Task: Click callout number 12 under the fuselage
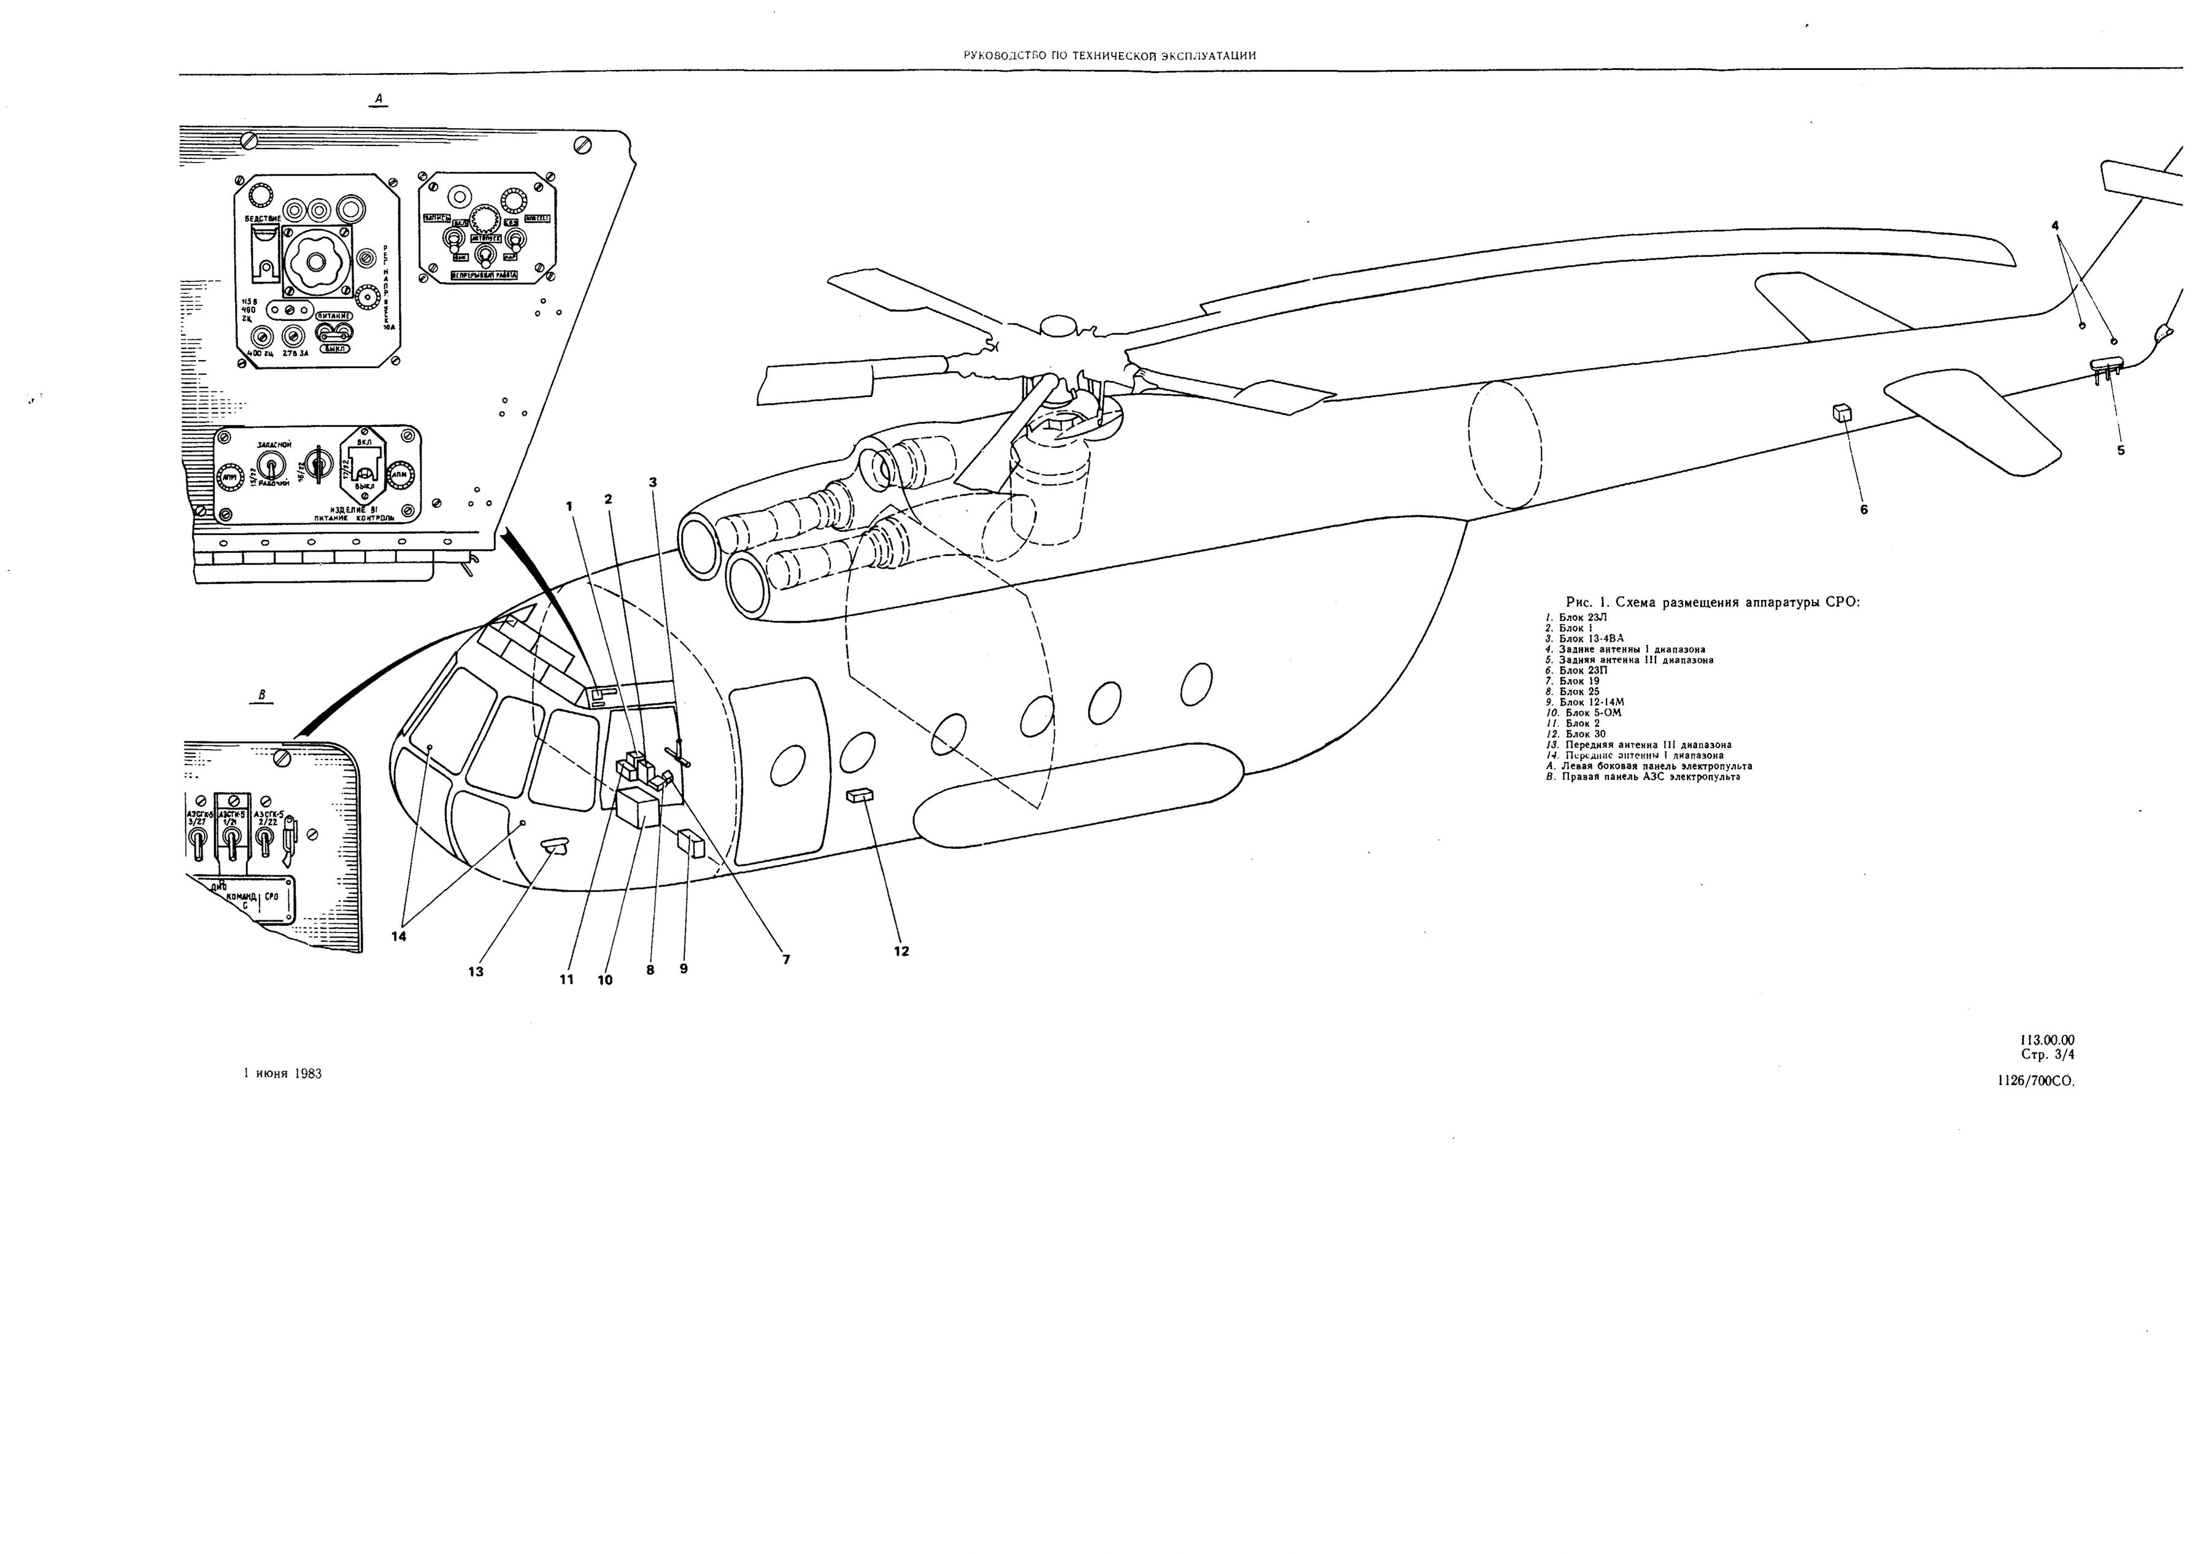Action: click(901, 952)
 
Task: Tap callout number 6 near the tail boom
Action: click(1864, 509)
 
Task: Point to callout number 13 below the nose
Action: click(476, 972)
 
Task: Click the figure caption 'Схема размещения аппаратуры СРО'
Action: click(1713, 602)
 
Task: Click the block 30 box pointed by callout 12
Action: click(859, 795)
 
